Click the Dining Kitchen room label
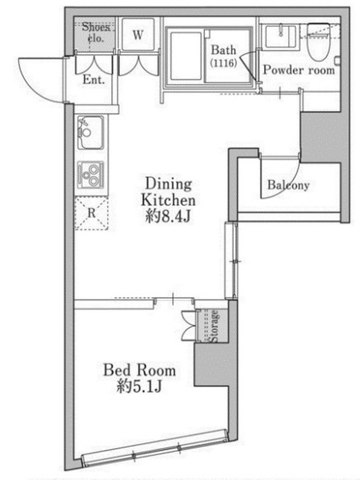168,192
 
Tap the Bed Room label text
140,370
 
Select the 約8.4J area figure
168,217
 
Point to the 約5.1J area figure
139,386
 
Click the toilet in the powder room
319,42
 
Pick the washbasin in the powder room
281,37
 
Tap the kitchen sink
91,133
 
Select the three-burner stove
91,175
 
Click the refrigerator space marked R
92,213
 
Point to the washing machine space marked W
138,35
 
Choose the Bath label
223,50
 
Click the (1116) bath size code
223,63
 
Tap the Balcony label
288,185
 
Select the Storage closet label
214,326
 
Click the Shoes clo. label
95,33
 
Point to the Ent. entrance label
94,80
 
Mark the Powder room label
299,70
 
